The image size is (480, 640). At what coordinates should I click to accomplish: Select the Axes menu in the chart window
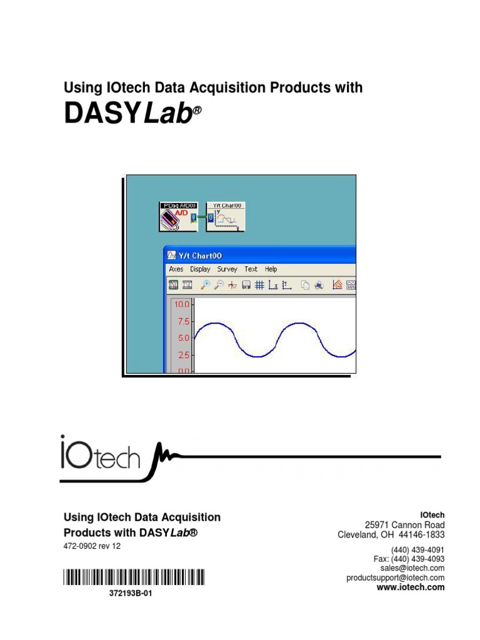176,269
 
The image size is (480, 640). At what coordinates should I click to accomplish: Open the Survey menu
227,269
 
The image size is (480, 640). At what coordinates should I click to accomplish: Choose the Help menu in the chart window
271,269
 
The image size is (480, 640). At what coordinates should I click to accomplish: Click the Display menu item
200,269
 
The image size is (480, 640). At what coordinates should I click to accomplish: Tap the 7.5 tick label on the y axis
182,322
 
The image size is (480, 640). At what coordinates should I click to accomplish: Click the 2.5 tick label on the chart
182,355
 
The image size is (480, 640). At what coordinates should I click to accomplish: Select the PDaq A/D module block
178,216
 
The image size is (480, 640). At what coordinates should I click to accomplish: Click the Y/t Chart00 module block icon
226,216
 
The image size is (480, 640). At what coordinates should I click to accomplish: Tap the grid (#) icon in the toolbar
259,286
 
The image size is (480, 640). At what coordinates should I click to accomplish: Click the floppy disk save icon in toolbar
246,286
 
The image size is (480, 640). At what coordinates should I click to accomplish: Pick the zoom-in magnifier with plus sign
204,286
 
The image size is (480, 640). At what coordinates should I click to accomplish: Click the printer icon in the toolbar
319,286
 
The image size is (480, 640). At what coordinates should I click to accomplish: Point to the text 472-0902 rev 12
92,546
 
